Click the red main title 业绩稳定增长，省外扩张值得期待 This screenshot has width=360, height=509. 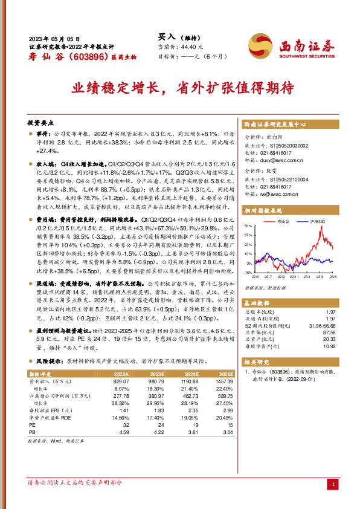pos(179,87)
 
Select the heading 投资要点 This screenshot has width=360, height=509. pos(41,121)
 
